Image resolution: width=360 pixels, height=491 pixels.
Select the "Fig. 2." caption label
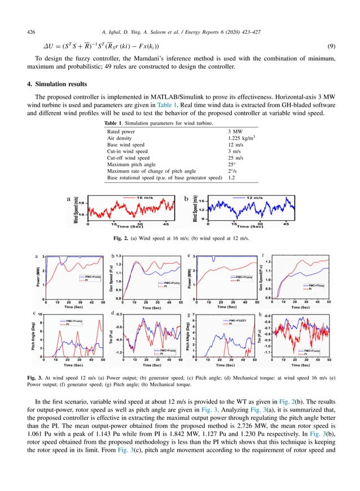coord(122,239)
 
